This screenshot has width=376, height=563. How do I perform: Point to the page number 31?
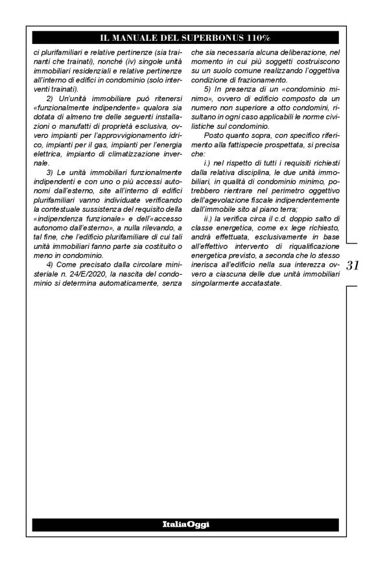click(355, 266)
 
